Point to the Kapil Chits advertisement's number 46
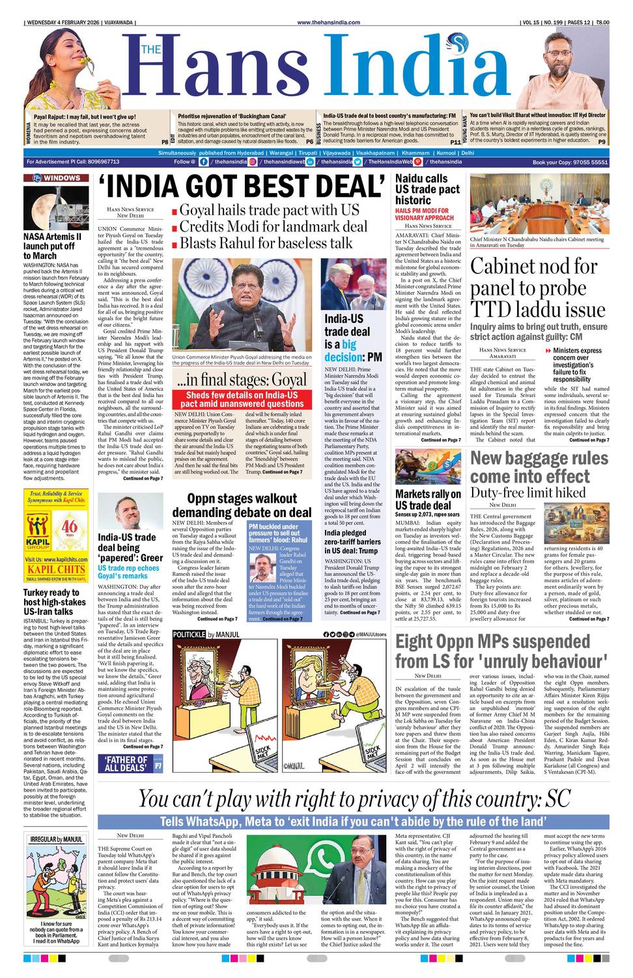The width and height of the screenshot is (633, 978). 70,526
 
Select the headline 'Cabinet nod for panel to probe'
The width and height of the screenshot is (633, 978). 534,287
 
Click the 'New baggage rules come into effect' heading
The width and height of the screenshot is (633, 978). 539,467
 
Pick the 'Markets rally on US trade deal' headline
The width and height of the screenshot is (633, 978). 427,499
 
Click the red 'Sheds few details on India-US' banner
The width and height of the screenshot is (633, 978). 242,399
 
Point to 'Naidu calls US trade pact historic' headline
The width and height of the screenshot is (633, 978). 427,189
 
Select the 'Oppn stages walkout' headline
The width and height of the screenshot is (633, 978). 242,505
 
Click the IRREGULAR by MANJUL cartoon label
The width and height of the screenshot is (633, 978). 56,838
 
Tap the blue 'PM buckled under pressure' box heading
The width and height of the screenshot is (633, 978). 278,533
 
